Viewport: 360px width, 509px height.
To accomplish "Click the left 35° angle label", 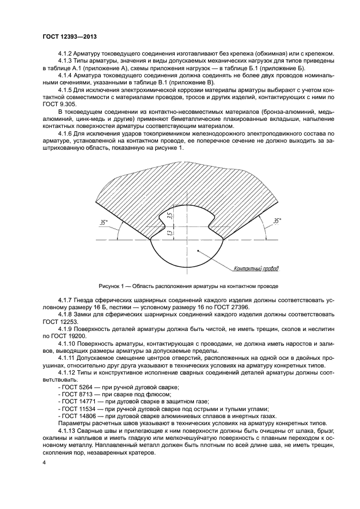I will point(103,222).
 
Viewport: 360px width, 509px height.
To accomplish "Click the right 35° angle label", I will point(277,221).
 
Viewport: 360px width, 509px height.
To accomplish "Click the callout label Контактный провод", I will point(255,268).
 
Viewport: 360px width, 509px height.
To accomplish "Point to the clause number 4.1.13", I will point(68,430).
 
